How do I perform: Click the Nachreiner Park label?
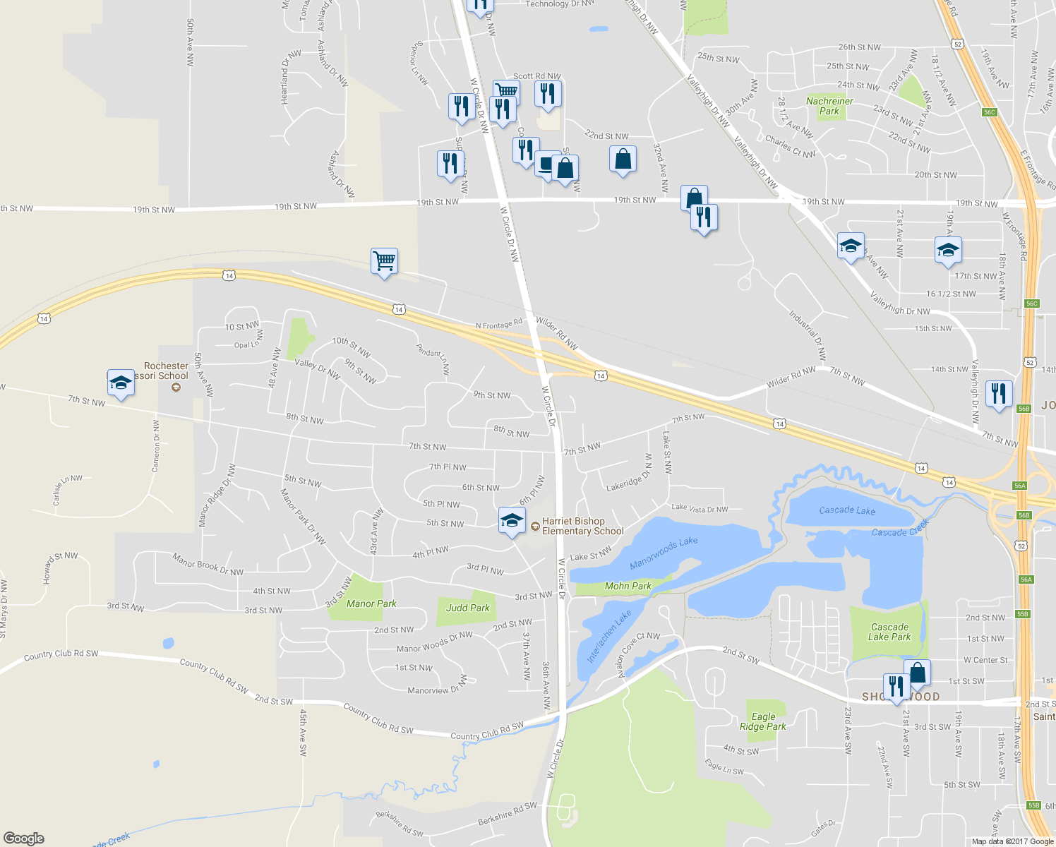point(829,106)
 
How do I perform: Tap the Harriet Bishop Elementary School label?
point(582,526)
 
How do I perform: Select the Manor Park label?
point(371,603)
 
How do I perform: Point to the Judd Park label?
point(467,608)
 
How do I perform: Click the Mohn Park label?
point(628,586)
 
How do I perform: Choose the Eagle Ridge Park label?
point(763,721)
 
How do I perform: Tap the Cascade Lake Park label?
point(889,632)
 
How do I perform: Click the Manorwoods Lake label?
point(664,553)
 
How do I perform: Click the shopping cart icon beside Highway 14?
point(384,261)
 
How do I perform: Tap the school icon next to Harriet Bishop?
point(512,521)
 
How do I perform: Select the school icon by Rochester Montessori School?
point(121,383)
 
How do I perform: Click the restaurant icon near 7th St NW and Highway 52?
point(998,394)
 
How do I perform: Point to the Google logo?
point(24,838)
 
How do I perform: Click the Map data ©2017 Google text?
point(1012,841)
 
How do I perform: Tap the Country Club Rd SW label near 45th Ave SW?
point(378,719)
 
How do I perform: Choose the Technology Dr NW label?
point(560,4)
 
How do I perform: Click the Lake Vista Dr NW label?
point(700,508)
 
